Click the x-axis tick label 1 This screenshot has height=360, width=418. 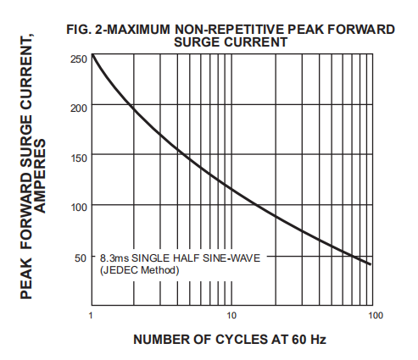point(91,316)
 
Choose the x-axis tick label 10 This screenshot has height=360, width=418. point(231,316)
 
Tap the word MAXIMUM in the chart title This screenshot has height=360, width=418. point(140,30)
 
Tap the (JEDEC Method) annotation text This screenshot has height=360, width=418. point(140,270)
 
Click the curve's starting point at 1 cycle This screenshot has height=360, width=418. point(92,56)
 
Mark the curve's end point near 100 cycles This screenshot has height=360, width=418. point(371,264)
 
